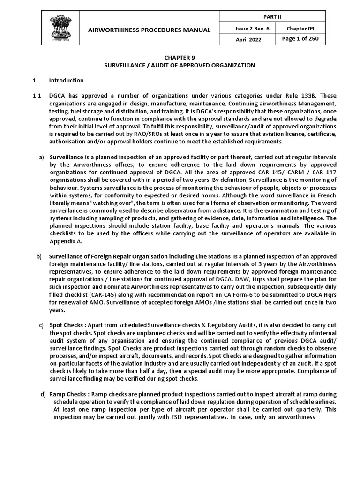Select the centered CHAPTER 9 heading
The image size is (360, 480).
click(x=180, y=57)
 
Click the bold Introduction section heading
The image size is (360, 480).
click(x=66, y=80)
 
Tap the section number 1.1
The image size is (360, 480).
click(x=37, y=96)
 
